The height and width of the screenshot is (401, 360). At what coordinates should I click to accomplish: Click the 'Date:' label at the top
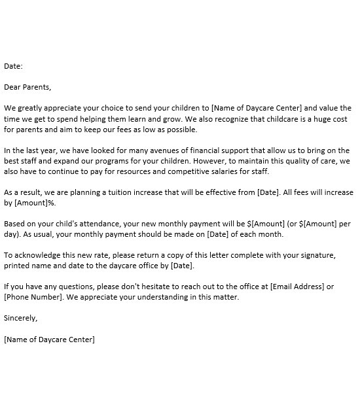pos(13,66)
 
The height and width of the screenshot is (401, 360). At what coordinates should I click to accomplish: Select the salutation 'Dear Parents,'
pos(27,86)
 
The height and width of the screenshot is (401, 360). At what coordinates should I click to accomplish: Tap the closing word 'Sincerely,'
pos(21,319)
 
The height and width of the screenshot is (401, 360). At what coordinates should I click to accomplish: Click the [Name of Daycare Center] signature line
pos(49,340)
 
